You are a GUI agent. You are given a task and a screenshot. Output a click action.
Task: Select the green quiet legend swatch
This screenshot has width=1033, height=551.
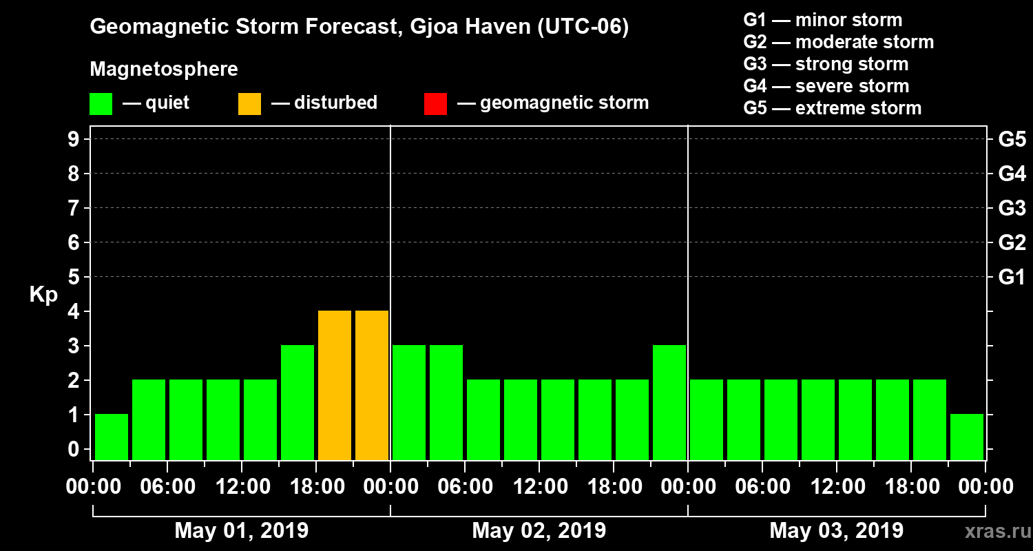click(101, 103)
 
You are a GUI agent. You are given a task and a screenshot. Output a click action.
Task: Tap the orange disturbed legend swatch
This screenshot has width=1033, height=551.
click(249, 103)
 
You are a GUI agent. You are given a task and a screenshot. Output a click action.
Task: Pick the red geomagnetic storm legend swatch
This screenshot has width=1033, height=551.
click(435, 103)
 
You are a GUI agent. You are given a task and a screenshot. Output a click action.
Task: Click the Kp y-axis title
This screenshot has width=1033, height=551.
click(43, 295)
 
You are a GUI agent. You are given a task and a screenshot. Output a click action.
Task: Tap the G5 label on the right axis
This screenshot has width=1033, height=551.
click(1012, 140)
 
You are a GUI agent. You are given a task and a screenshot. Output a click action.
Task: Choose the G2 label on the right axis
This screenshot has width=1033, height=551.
click(1012, 243)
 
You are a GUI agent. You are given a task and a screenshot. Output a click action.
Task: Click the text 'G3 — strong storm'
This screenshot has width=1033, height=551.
click(826, 64)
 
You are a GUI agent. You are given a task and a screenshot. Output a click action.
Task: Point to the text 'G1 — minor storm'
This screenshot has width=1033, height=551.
click(822, 20)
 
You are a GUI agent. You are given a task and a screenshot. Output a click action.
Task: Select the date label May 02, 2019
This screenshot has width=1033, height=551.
click(539, 530)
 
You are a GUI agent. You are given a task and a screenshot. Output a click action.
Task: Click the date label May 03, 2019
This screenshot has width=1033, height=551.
click(836, 530)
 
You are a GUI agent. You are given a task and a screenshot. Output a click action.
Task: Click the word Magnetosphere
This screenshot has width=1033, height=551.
click(164, 70)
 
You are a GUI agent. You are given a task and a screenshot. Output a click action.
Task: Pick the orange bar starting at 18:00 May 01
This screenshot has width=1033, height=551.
click(335, 386)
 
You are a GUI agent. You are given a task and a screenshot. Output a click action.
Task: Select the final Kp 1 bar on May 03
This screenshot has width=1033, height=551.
click(967, 437)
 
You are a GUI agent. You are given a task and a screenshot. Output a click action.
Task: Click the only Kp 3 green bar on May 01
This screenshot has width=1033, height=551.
click(298, 403)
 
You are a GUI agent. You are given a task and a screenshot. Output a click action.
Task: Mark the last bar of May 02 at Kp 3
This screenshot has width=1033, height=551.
click(669, 403)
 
